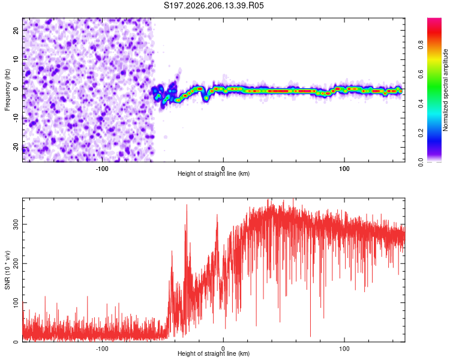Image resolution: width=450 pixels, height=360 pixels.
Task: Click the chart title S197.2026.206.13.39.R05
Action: coord(214,5)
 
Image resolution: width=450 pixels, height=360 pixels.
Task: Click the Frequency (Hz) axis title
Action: coord(7,90)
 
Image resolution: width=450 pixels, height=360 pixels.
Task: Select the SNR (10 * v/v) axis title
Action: coord(7,270)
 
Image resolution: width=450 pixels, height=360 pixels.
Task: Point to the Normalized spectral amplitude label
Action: coord(445,90)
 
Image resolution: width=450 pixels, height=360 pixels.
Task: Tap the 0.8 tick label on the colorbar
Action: coord(421,44)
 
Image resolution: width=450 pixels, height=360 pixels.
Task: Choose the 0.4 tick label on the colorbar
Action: coord(421,104)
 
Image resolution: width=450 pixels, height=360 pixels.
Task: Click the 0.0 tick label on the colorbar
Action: coord(421,163)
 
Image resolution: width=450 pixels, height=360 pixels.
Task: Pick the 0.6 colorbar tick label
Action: coord(421,74)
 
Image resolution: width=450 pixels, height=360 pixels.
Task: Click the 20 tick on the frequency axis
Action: coord(16,31)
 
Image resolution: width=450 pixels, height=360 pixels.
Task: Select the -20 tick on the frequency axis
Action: coord(16,148)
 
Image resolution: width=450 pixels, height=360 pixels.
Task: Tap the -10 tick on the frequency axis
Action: coord(16,118)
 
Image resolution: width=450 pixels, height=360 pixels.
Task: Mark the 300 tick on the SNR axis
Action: coord(16,224)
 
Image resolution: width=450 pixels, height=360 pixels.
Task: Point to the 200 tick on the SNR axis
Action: coord(16,263)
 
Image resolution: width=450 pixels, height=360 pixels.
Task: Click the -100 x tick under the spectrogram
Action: coord(102,169)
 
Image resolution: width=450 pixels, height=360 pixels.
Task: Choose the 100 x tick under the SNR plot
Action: coord(344,349)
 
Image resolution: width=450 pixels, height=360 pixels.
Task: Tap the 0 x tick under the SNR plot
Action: coord(223,349)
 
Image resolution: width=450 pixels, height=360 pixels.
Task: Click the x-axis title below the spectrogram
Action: coord(214,173)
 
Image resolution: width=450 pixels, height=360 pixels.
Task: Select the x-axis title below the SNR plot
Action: coord(214,353)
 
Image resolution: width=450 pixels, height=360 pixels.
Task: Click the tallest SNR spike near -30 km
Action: coord(187,205)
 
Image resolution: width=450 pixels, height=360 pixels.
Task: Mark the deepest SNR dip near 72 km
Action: coord(311,336)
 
